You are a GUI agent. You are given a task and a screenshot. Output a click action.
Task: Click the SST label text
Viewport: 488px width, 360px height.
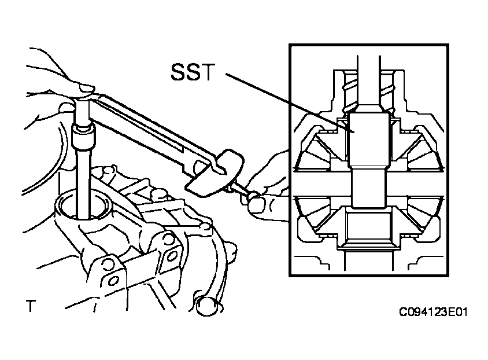pos(193,72)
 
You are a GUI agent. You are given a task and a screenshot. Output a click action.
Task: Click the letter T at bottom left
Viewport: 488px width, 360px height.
pos(31,306)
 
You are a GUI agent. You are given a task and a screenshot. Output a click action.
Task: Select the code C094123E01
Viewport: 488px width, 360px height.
pos(433,312)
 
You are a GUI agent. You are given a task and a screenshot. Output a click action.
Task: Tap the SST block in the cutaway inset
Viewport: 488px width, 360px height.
pos(369,140)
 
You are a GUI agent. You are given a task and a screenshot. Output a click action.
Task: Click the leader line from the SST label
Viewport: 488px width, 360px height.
pos(290,103)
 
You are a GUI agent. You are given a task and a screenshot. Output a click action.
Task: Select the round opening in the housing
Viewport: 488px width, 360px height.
pos(83,206)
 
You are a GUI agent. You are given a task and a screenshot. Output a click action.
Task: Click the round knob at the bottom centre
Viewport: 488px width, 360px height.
pos(208,306)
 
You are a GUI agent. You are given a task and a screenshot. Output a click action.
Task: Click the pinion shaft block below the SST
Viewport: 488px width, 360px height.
pos(368,189)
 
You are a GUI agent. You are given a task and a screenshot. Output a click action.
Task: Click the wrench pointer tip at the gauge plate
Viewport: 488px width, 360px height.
pos(225,171)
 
